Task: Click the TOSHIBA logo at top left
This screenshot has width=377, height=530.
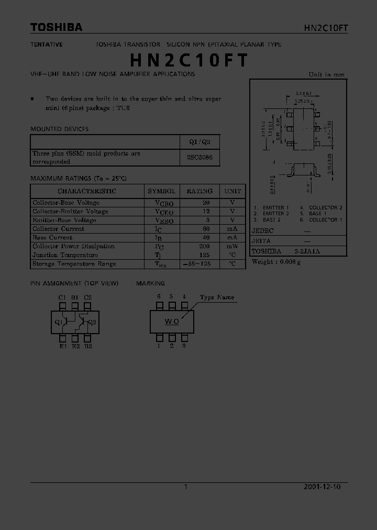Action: point(56,27)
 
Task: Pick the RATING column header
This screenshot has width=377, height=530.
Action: point(199,191)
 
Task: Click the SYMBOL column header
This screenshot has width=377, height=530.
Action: point(162,191)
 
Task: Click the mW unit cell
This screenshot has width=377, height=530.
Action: point(232,246)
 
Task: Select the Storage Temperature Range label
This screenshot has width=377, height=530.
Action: point(74,264)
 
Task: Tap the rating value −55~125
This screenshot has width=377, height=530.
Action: point(197,264)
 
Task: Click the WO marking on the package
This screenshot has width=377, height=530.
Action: point(172,322)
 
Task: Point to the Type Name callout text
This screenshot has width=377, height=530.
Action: point(217,297)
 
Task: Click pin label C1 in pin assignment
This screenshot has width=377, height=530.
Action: point(62,297)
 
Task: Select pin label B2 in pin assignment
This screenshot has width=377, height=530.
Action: point(88,346)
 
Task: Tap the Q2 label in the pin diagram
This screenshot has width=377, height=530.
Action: point(92,322)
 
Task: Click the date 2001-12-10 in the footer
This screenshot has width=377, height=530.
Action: point(322,487)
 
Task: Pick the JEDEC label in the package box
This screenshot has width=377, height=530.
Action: point(262,230)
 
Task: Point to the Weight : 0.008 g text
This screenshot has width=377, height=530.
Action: point(276,262)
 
